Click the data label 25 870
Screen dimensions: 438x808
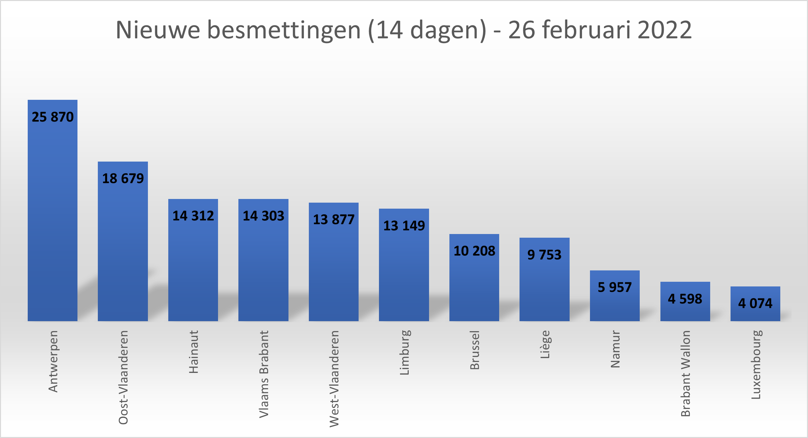(52, 117)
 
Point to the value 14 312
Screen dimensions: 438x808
(193, 216)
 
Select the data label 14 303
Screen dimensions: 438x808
(263, 216)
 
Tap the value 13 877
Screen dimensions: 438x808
(334, 219)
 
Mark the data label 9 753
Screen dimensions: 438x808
(544, 255)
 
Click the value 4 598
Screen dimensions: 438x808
(685, 299)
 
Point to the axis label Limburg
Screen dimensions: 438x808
(404, 352)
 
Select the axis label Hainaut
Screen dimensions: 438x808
(194, 352)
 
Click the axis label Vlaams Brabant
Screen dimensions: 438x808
(264, 374)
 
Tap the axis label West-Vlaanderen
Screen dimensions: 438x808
(334, 379)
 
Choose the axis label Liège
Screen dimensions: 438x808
(545, 344)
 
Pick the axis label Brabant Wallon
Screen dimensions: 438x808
(685, 373)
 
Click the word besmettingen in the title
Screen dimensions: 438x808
(284, 30)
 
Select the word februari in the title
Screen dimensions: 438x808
(587, 30)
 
